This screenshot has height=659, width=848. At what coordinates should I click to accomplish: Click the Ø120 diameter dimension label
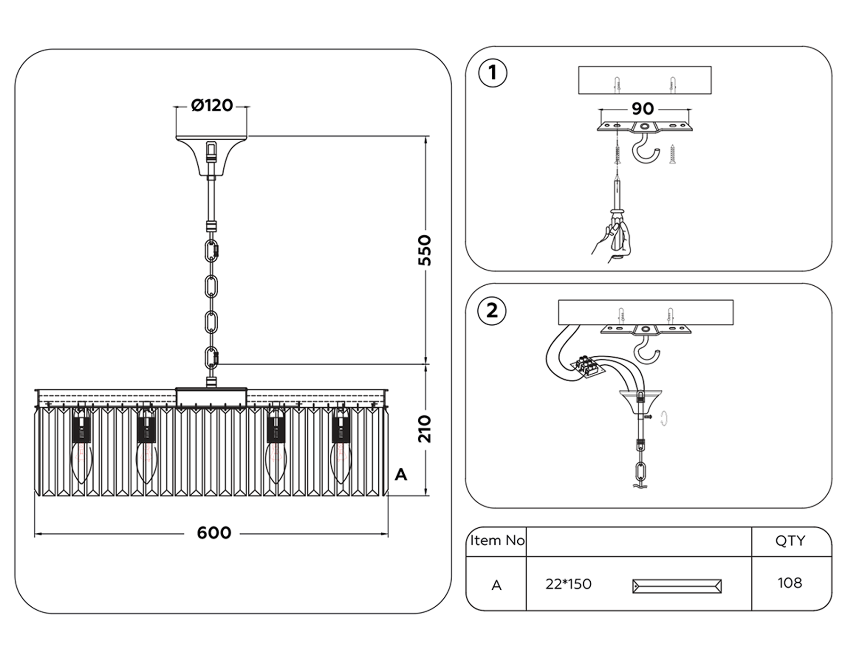coord(212,105)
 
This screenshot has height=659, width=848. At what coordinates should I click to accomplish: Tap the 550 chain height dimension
coord(425,250)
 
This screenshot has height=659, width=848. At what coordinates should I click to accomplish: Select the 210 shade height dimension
coord(425,429)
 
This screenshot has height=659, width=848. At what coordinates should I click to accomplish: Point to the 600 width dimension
coord(214,533)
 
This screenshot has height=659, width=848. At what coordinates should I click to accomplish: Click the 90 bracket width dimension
coord(643,109)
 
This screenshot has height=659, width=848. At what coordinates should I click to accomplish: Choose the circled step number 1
coord(493,73)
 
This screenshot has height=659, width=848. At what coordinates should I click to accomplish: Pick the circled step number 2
coord(492,311)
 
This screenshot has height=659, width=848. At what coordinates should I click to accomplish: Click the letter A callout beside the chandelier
coord(400,474)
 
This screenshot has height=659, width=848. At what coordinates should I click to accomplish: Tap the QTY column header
coord(790,541)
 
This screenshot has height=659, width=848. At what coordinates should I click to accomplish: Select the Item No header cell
coord(497,541)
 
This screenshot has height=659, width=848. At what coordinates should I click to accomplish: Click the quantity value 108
coord(790,583)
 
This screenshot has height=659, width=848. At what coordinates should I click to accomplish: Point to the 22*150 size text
coord(568,584)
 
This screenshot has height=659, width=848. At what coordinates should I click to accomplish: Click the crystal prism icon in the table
coord(677,586)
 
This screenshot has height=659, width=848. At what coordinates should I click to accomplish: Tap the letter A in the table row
coord(496,585)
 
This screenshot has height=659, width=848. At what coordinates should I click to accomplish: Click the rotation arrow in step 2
coord(664,418)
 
